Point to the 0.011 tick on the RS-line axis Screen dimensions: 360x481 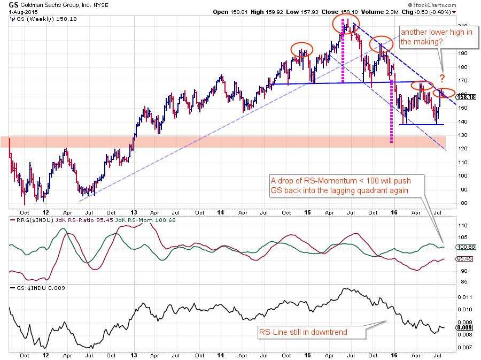[463, 297]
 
